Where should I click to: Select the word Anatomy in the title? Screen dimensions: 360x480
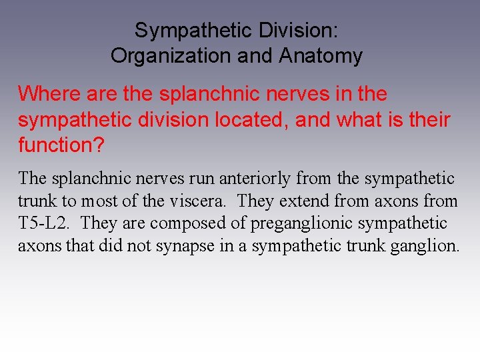coord(321,55)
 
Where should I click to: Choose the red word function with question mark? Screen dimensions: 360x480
coord(61,145)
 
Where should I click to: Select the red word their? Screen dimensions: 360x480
coord(427,120)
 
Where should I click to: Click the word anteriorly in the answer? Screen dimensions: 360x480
coord(256,179)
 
